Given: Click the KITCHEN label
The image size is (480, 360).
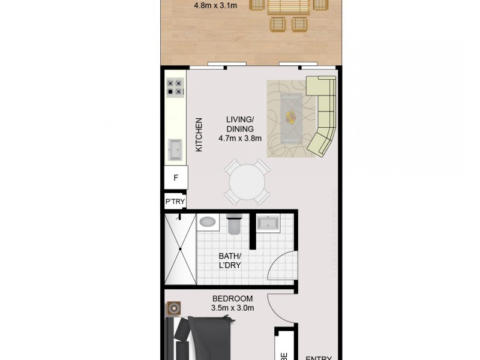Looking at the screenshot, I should tap(199, 134).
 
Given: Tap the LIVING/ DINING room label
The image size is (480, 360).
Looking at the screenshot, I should tap(240, 124).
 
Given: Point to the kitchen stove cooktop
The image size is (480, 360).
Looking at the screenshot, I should tap(175, 88).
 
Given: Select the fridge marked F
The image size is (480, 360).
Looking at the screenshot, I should tap(176, 178).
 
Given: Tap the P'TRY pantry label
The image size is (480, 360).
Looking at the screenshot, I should tap(175, 202).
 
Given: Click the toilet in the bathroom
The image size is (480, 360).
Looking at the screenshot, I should tap(235, 224).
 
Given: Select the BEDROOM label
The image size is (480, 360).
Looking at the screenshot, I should tap(233, 299).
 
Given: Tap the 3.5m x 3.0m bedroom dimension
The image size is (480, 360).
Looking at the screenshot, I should tap(233, 309).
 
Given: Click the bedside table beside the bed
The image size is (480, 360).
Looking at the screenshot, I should tap(175, 309).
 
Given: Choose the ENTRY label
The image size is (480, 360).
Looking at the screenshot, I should tap(319, 358).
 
